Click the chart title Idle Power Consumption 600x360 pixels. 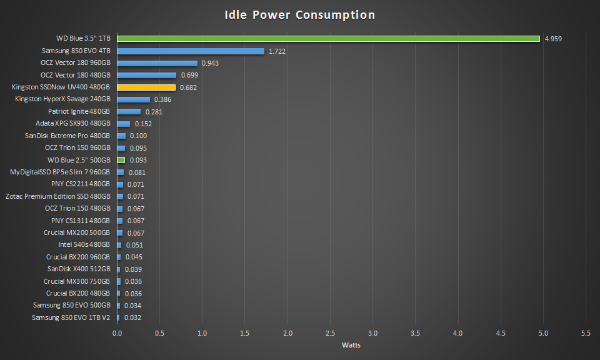pos(300,14)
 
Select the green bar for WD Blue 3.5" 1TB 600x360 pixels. pos(328,39)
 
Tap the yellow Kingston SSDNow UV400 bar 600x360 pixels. pos(146,87)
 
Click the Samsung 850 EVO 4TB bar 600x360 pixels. pos(191,51)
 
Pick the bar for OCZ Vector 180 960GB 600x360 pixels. pos(157,63)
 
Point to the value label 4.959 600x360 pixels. pos(553,39)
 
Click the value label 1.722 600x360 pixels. pos(277,51)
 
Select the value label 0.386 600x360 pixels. pos(162,100)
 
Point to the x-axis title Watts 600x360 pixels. pos(351,345)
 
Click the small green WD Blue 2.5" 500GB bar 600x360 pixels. pos(121,161)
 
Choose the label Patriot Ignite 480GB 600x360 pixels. pos(79,112)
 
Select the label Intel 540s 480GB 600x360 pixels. pos(84,245)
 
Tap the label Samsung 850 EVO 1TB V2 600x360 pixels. pos(71,317)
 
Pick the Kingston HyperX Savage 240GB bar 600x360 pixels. pos(133,100)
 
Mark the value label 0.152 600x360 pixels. pos(143,124)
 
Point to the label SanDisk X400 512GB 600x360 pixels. pos(79,269)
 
